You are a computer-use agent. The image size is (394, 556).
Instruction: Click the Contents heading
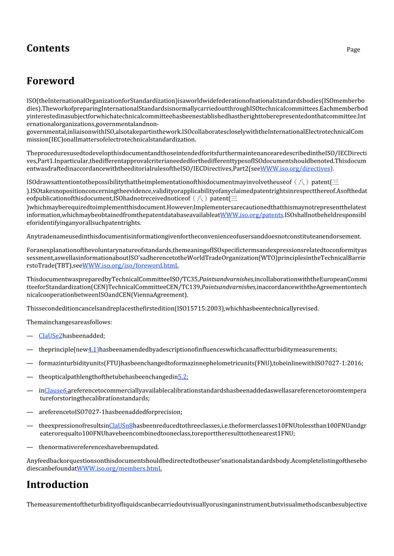coord(48,48)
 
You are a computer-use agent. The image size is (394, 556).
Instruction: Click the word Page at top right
coord(353,50)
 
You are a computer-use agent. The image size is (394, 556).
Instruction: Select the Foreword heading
coord(51,81)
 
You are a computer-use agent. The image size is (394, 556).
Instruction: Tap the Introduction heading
coord(57,484)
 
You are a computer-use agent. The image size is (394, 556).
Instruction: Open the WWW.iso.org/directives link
coord(297,168)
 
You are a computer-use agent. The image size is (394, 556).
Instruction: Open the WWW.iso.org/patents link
coord(251,215)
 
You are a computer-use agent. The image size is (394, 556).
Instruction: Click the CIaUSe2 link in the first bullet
coord(51,336)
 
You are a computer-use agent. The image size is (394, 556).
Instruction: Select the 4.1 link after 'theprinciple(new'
coord(93,350)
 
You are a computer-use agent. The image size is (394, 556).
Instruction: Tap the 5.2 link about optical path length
coord(183,377)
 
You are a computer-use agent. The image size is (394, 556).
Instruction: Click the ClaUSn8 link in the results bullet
coord(121,426)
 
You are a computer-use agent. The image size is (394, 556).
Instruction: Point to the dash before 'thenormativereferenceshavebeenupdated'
coord(30,447)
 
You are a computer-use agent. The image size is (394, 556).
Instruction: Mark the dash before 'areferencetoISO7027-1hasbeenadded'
coord(30,412)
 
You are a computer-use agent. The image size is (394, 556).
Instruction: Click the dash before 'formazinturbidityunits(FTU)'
coord(30,363)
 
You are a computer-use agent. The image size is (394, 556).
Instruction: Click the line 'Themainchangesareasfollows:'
coord(69,322)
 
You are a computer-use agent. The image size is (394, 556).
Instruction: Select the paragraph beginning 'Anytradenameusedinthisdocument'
coord(194,236)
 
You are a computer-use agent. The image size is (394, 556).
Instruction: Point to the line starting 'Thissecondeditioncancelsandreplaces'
coord(173,309)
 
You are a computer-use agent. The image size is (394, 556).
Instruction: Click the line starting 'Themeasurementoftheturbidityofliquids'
coord(197,504)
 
